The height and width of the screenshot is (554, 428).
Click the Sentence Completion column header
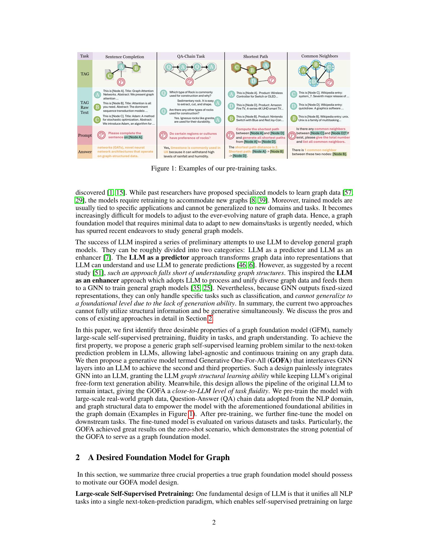coord(124,57)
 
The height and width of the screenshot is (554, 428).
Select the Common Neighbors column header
coord(319,56)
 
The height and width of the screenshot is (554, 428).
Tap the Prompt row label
coord(85,135)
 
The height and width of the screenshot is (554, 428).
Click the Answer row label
coord(85,152)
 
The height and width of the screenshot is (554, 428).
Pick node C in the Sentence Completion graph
coord(110,76)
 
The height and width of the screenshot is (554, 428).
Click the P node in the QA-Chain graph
coord(189,82)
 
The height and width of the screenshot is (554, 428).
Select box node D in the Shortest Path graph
coord(253,81)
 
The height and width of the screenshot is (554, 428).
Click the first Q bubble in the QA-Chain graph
coord(168,67)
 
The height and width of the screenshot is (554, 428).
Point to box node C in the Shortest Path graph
coord(237,67)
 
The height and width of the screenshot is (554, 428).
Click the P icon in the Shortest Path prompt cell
coord(230,135)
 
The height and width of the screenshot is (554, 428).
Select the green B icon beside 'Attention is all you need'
coord(97,107)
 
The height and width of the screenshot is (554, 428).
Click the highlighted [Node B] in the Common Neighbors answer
coord(340,154)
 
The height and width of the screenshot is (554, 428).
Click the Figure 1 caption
coord(214,168)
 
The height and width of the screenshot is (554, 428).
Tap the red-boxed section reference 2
coord(210,319)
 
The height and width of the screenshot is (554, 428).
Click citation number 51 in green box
coord(98,273)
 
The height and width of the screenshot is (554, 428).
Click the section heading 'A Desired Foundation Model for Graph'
coord(159,457)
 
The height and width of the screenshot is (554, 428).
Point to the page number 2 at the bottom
coord(214,522)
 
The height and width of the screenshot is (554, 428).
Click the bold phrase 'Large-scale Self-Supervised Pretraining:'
coord(135,494)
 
